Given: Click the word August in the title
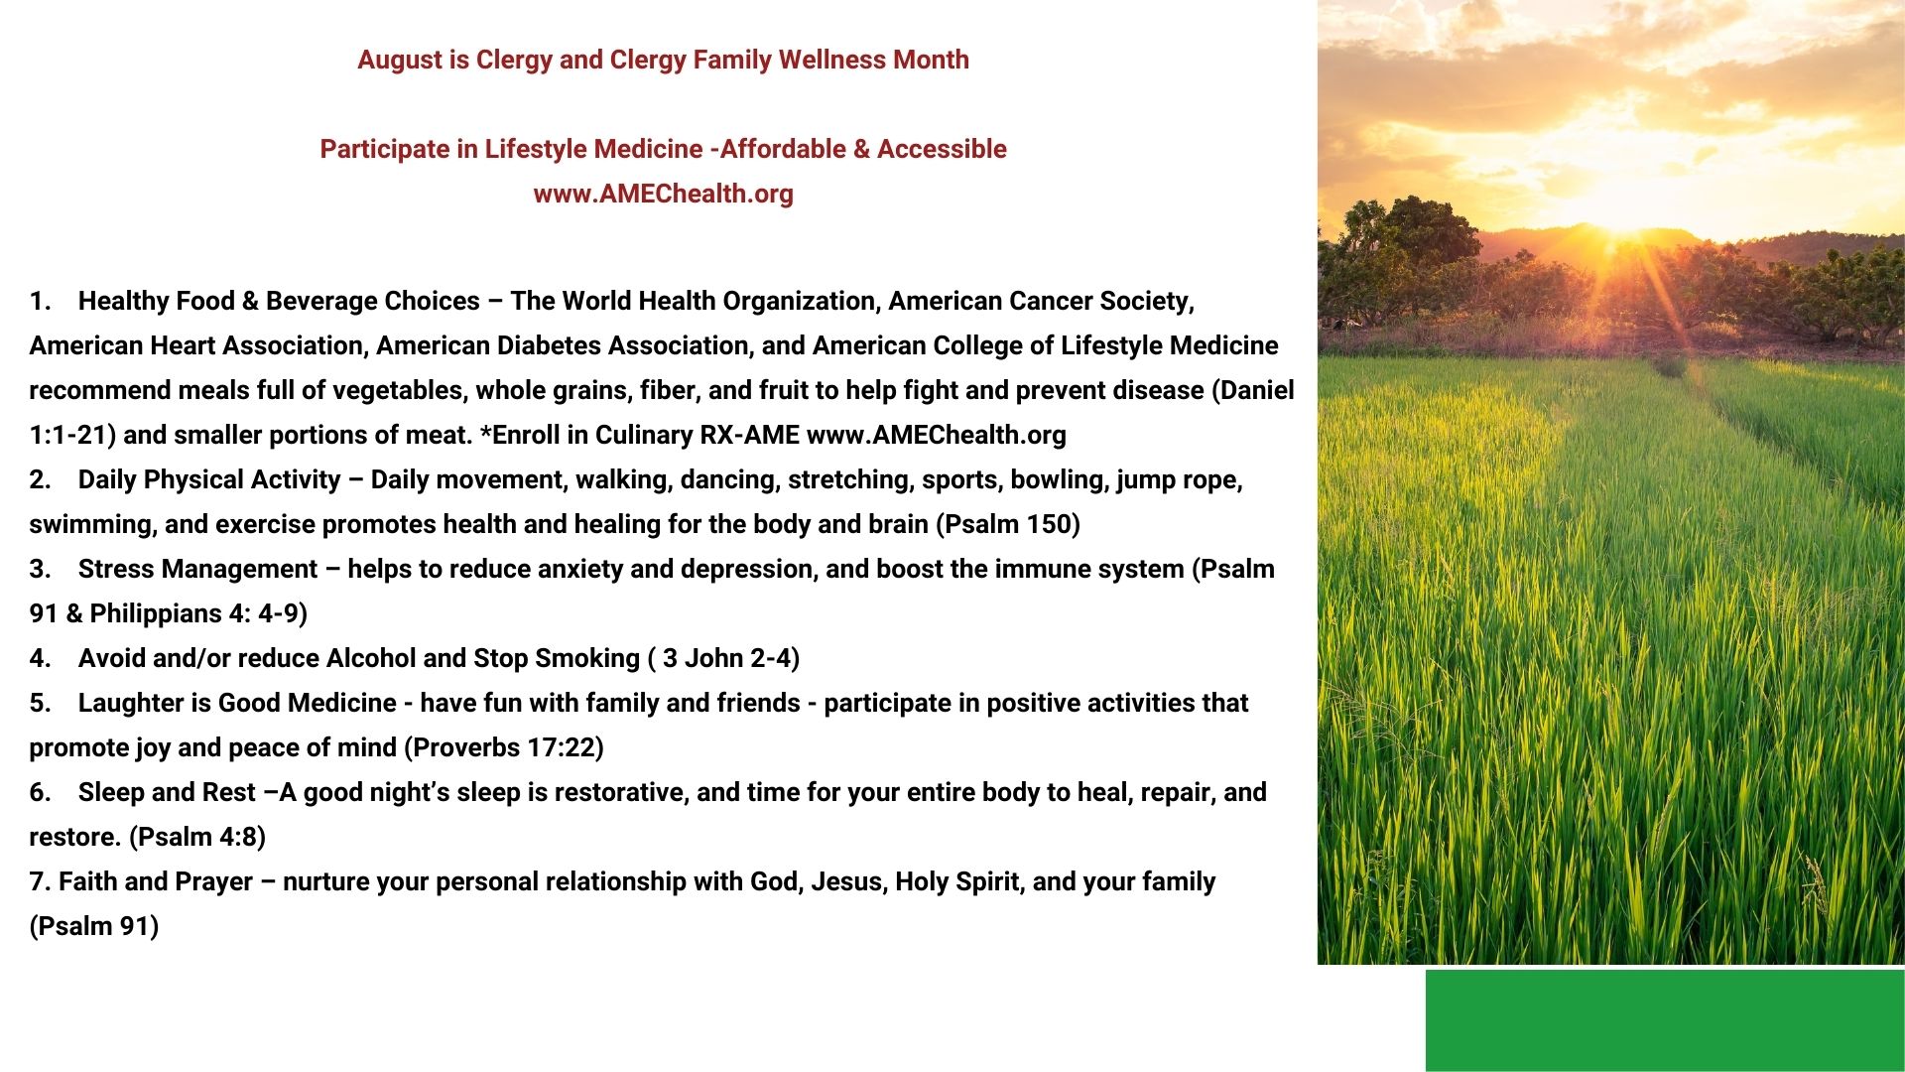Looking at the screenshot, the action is click(x=399, y=61).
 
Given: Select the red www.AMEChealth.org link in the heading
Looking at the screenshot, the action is click(x=663, y=194).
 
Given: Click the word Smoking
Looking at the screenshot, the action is click(x=588, y=659).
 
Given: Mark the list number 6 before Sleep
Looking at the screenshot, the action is click(x=39, y=792).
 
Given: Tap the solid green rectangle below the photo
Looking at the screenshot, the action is click(x=1665, y=1020).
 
